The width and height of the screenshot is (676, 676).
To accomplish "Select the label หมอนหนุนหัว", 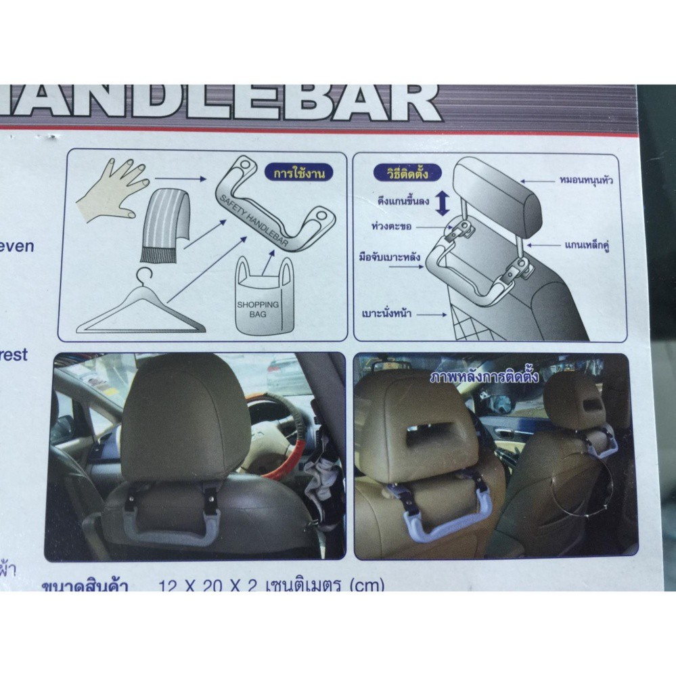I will pos(587,181).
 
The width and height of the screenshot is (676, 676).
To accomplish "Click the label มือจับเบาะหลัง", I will pos(390,257).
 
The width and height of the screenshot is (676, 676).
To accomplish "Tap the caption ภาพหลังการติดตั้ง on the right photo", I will pos(485,377).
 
